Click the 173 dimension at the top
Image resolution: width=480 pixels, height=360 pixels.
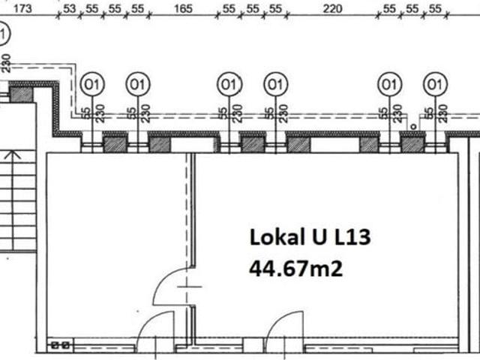pyautogui.click(x=22, y=8)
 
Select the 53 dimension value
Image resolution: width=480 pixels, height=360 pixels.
pyautogui.click(x=69, y=8)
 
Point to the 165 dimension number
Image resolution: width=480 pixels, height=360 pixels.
pyautogui.click(x=183, y=8)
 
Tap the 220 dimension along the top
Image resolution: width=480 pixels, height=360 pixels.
pyautogui.click(x=332, y=8)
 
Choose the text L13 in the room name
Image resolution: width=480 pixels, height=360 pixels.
pyautogui.click(x=352, y=237)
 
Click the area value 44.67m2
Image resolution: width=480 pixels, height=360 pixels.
pyautogui.click(x=295, y=268)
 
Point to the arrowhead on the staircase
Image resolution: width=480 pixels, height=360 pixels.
pyautogui.click(x=13, y=155)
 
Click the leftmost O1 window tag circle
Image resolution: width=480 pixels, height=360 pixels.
pyautogui.click(x=92, y=84)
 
